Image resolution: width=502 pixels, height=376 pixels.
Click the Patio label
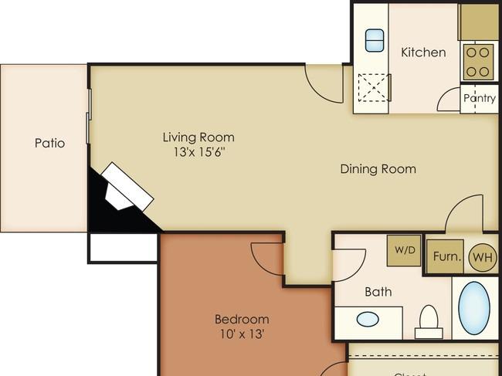point(49,143)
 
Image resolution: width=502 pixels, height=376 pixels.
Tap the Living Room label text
point(198,137)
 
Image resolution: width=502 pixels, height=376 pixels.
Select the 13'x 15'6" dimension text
point(198,152)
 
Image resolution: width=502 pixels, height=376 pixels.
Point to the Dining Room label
point(378,169)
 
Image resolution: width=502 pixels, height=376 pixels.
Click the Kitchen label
point(423,53)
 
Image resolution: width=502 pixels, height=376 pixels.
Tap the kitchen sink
point(375,40)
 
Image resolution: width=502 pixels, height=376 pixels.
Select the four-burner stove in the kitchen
point(479,62)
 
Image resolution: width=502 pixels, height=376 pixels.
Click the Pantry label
point(479,99)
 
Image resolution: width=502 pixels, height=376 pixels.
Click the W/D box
point(404,250)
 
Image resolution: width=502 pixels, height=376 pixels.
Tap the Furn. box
point(446,256)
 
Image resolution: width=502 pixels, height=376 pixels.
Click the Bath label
point(378,292)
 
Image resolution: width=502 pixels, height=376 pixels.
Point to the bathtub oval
point(473,307)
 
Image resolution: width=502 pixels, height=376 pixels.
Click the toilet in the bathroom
point(428,321)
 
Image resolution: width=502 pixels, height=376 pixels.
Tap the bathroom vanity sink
point(368,318)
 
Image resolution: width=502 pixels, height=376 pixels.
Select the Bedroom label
point(242,320)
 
